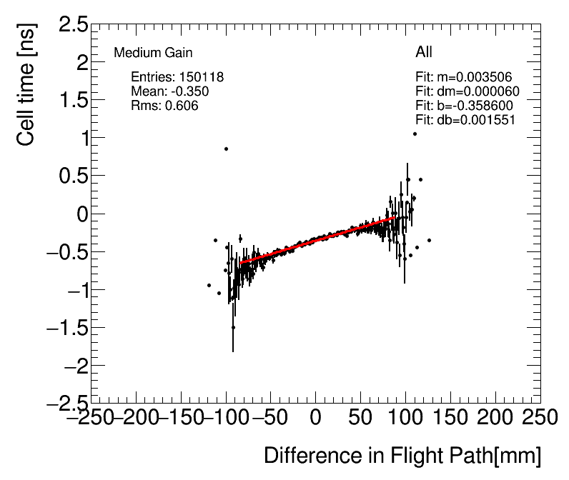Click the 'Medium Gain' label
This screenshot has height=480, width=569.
coord(153,53)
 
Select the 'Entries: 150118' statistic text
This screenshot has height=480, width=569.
coord(177,77)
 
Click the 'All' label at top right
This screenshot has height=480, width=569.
coord(424,52)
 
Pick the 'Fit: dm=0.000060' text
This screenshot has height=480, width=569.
coord(467,91)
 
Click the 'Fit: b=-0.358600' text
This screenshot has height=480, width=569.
coord(464,106)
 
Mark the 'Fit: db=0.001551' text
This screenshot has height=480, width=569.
coord(465,120)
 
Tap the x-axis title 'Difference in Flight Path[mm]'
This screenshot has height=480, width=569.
coord(402,456)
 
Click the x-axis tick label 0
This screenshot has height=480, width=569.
coord(315,416)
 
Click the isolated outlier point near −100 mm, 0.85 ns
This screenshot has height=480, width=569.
coord(226,149)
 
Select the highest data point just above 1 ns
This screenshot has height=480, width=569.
coord(415,134)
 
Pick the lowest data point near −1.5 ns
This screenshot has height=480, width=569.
coord(233,327)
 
